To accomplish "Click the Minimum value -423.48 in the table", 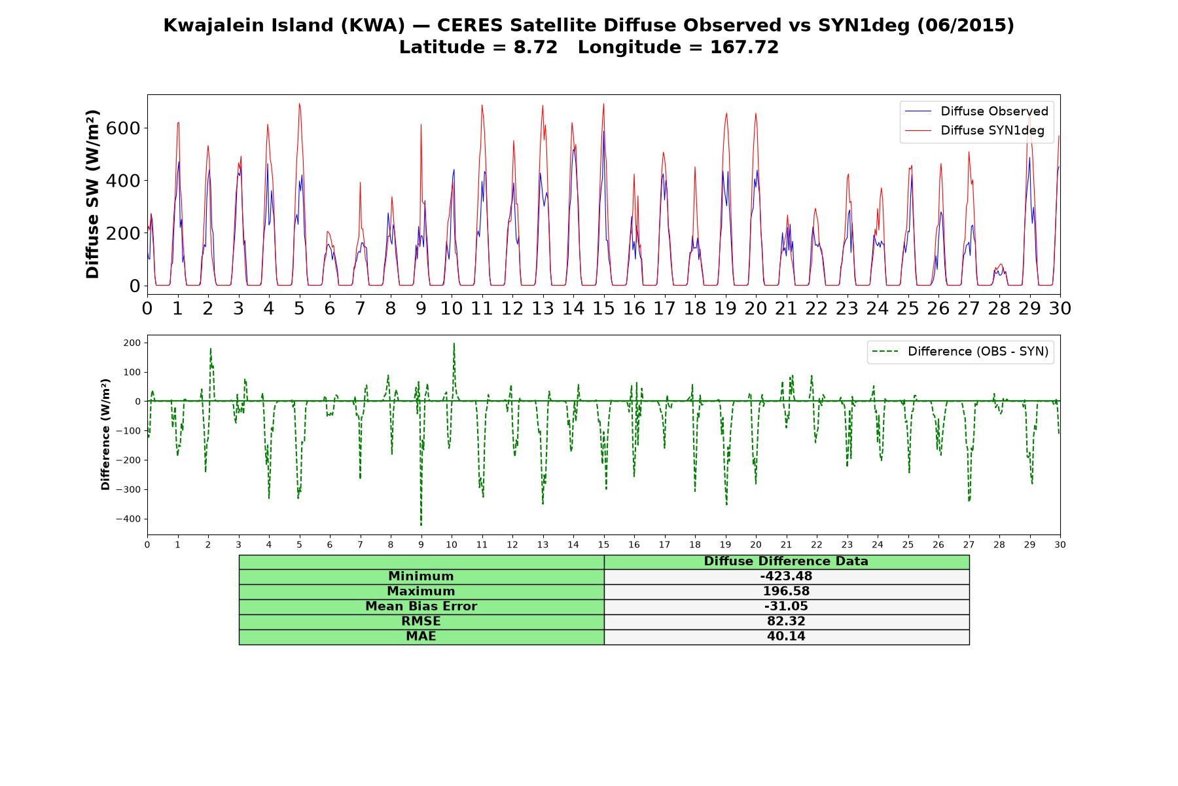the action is click(786, 576).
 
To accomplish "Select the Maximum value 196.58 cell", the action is click(786, 591).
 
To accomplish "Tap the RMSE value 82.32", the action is click(786, 621).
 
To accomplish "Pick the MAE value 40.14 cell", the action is click(786, 637).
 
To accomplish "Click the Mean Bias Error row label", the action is click(421, 607).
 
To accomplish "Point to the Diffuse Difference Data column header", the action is click(786, 561).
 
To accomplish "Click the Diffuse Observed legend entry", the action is click(976, 111).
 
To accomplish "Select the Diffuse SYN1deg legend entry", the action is click(974, 130).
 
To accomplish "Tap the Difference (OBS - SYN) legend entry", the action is click(960, 352).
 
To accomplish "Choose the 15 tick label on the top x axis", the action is click(603, 308).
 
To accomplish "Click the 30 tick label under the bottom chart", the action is click(1060, 544).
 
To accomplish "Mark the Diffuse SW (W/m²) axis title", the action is click(93, 195).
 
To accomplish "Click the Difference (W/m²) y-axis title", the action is click(105, 435).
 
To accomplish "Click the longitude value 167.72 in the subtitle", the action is click(745, 47).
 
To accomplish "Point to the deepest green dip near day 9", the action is click(421, 525).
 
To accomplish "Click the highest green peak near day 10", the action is click(454, 344).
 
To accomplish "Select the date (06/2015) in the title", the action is click(965, 26).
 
